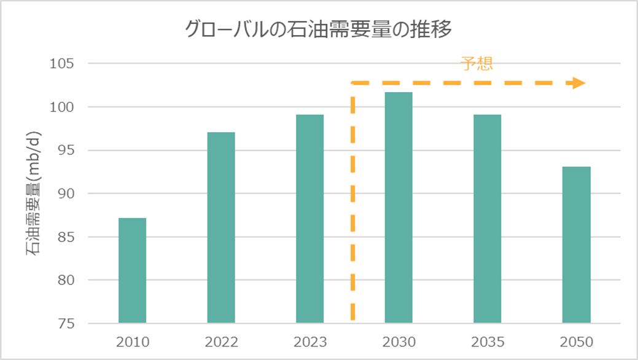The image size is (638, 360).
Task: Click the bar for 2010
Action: tap(132, 270)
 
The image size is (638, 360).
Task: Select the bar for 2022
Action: tap(221, 227)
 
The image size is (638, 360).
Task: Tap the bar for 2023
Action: tap(309, 218)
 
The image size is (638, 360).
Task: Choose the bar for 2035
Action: tap(487, 218)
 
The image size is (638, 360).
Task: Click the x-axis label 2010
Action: tap(132, 342)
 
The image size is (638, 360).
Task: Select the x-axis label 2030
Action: tap(399, 342)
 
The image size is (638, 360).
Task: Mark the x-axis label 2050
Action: tap(576, 342)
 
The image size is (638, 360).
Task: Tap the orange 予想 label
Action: tap(477, 64)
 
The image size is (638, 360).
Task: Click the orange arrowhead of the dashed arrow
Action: tap(578, 83)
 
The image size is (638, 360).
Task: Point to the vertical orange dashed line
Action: tap(353, 203)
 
